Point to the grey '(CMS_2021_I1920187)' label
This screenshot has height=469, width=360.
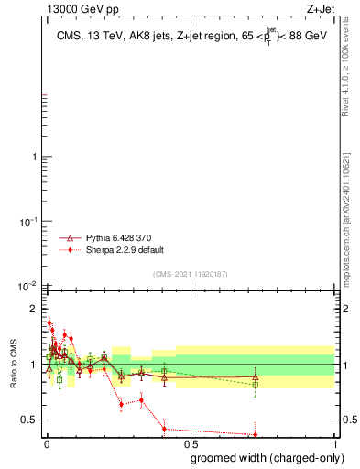[191, 274]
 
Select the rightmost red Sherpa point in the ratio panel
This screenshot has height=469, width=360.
[255, 435]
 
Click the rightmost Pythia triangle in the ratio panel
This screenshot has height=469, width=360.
[255, 376]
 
